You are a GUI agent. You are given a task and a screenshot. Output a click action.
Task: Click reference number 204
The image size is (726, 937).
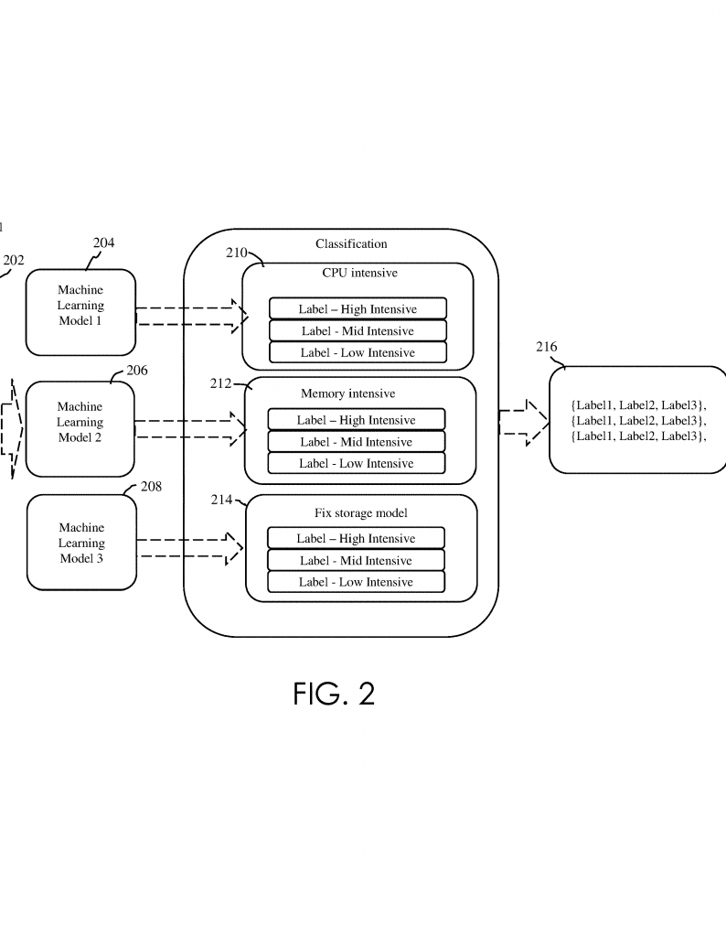click(104, 242)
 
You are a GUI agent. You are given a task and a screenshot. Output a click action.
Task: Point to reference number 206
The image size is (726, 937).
click(137, 371)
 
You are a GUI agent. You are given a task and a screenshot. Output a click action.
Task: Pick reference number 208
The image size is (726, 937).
click(151, 487)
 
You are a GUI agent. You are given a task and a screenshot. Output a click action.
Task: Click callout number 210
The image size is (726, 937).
click(237, 253)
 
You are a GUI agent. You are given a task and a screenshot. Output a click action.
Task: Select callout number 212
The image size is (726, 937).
click(220, 383)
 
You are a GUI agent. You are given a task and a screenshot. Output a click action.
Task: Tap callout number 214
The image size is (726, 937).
click(221, 500)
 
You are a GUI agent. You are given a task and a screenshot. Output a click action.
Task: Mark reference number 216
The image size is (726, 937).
click(546, 347)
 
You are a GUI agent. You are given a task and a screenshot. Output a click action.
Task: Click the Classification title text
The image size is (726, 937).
click(351, 243)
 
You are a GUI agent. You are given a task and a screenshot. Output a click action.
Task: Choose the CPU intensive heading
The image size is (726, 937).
click(359, 273)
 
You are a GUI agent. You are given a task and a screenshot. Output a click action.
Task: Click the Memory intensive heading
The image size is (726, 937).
click(348, 393)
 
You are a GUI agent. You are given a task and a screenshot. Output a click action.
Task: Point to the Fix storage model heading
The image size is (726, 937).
click(361, 512)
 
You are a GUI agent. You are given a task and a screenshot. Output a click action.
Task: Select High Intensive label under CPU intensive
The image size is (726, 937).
click(358, 308)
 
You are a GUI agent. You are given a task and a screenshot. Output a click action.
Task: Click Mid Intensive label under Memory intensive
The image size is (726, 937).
click(357, 442)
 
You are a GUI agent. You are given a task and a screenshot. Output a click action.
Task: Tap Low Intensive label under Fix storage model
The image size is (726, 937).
click(356, 582)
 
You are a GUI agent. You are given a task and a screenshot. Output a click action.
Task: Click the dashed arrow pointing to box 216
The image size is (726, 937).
click(524, 423)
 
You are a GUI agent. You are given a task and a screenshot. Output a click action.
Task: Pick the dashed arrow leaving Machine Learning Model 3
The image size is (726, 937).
click(190, 548)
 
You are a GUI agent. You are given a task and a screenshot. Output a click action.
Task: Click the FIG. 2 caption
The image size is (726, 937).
click(334, 694)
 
